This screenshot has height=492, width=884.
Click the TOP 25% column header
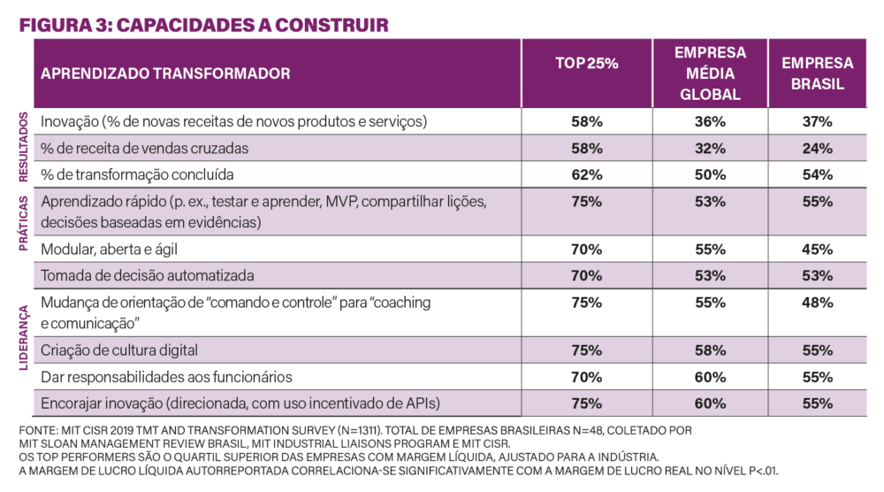(587, 63)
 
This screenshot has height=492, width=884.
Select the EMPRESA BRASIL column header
(818, 74)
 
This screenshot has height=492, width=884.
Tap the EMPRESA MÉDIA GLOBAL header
(710, 73)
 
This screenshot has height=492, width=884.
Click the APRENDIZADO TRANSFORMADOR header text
(165, 74)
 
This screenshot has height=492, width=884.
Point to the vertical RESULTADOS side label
(23, 147)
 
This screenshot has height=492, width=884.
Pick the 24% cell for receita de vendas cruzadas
(818, 148)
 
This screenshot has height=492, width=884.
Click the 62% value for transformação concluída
(587, 174)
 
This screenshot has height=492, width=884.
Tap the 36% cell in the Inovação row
(710, 121)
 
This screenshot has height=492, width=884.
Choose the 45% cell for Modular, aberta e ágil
(818, 249)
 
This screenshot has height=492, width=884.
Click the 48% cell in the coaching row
(818, 303)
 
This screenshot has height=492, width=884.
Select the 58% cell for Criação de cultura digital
(710, 350)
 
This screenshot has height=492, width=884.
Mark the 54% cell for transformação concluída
(818, 174)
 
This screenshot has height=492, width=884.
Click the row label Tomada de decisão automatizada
(148, 275)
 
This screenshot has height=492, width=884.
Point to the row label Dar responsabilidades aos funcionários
(166, 377)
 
